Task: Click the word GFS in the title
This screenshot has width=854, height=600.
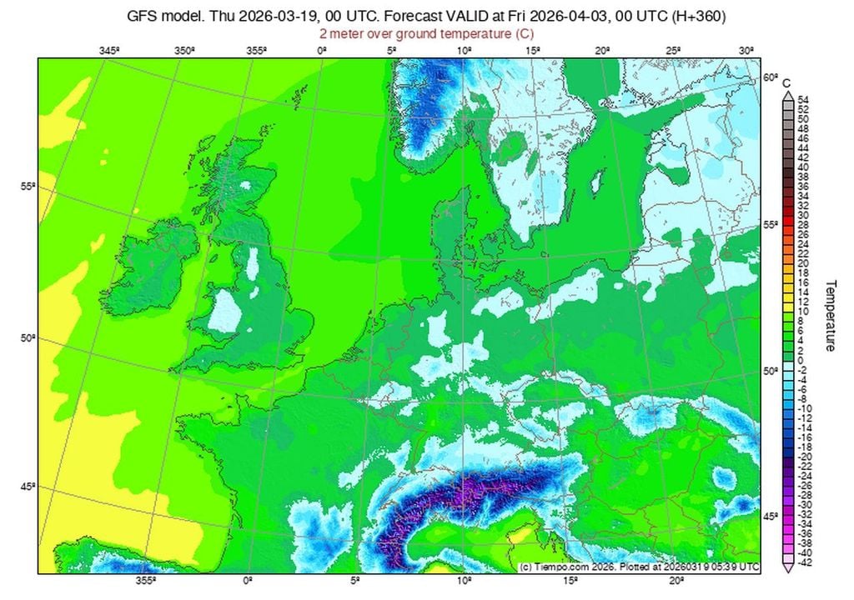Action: pos(143,16)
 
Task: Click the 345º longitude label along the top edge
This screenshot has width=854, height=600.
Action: pos(109,51)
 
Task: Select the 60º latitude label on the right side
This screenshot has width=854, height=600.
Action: pos(771,77)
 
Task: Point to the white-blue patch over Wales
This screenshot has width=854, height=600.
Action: pos(223,310)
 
